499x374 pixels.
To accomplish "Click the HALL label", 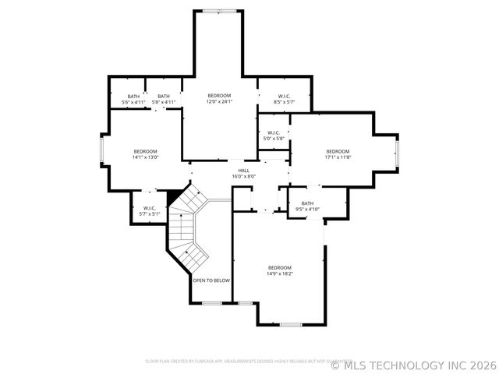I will [244, 170].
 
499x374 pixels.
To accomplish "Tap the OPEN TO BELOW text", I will [211, 280].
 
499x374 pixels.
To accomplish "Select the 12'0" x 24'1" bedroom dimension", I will [218, 101].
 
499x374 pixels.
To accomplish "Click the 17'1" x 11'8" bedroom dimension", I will [338, 157].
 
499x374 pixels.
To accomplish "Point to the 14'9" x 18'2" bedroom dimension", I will [279, 273].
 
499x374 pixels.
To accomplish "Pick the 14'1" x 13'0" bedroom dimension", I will [145, 157].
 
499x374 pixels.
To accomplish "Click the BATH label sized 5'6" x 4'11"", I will [133, 96].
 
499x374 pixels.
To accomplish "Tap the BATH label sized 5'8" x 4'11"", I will [164, 96].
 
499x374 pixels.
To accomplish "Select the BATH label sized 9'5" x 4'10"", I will [307, 203].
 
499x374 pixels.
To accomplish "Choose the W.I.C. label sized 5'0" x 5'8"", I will [274, 132].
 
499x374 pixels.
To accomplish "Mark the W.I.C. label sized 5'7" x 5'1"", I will [150, 208].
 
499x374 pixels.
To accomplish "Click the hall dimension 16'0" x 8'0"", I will [244, 176].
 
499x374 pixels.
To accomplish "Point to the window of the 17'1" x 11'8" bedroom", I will [397, 152].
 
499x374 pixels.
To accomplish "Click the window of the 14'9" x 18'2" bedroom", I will [291, 324].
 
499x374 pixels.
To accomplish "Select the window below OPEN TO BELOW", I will [212, 303].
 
